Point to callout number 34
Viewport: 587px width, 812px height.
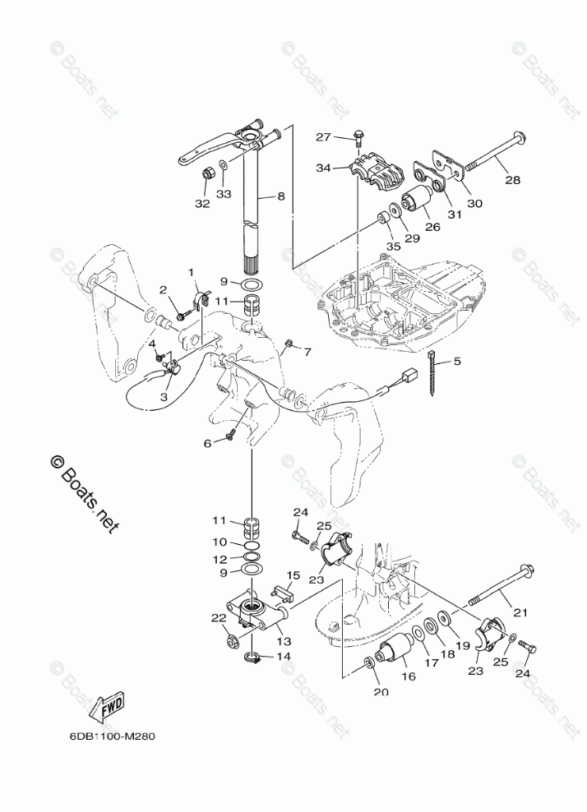tap(323, 168)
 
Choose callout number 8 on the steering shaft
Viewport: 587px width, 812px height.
tap(281, 196)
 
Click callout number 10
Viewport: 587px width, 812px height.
tap(220, 542)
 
